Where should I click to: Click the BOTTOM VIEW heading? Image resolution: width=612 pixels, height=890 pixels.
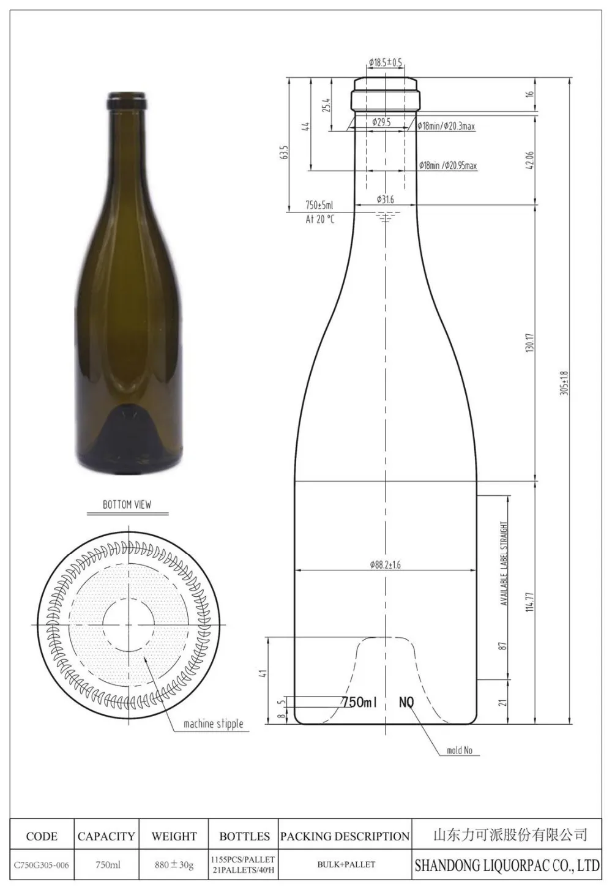(x=127, y=504)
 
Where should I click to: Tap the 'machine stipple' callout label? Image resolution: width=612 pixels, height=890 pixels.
(x=214, y=724)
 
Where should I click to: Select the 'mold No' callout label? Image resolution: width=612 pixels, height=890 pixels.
(x=459, y=750)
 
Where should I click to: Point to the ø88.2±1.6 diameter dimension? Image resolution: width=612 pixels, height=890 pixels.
(x=385, y=565)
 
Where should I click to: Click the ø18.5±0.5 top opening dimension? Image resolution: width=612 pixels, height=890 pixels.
(x=386, y=62)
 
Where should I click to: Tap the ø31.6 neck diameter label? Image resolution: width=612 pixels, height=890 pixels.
(x=386, y=200)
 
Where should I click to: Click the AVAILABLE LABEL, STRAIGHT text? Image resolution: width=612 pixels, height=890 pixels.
(x=504, y=563)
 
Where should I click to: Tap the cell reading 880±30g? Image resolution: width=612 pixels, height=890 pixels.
(x=174, y=865)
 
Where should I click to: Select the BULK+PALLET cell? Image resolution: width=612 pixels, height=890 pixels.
(x=345, y=865)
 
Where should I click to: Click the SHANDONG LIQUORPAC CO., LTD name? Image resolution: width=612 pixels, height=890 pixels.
(x=507, y=865)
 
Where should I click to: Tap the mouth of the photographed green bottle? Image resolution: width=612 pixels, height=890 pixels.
(x=127, y=96)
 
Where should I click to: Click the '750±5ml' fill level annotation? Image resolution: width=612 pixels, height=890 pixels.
(x=319, y=206)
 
